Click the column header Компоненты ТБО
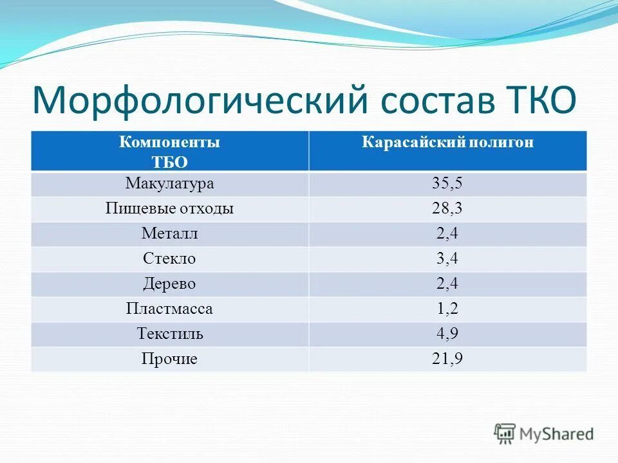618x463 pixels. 169,152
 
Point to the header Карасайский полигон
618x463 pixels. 447,143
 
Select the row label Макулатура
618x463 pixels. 169,184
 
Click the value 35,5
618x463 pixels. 447,184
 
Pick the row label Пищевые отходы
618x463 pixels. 169,209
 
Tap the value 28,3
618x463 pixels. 447,209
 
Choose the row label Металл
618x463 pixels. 169,234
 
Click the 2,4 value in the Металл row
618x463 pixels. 447,234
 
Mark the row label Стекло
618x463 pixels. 169,259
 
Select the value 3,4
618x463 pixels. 447,259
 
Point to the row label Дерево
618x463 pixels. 169,284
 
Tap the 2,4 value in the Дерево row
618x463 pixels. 447,284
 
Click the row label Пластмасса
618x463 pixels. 169,309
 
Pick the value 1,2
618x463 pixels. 447,309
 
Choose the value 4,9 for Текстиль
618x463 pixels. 447,334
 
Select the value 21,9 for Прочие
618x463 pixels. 447,359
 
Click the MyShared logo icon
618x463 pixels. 505,433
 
